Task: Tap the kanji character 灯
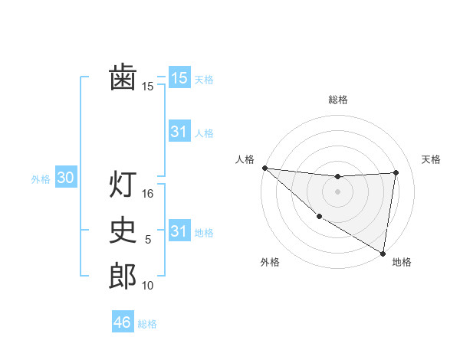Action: tap(123, 185)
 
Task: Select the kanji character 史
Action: tap(123, 231)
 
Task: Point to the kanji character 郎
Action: tap(123, 277)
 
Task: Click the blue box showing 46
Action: tap(123, 322)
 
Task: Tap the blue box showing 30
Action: tap(65, 178)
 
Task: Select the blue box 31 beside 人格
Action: tap(179, 132)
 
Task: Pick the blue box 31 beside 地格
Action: tap(179, 231)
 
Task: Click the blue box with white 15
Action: tap(179, 77)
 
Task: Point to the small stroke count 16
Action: tap(148, 195)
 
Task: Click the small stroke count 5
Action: tap(148, 241)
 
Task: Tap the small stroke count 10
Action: tap(148, 286)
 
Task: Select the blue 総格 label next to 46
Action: tap(148, 324)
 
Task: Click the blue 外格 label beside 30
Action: tap(41, 180)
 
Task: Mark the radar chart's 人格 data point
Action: tap(264, 168)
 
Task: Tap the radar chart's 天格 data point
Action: tap(396, 172)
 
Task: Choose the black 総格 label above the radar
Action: tap(338, 100)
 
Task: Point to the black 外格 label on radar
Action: tap(270, 263)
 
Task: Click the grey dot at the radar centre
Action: tap(337, 191)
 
